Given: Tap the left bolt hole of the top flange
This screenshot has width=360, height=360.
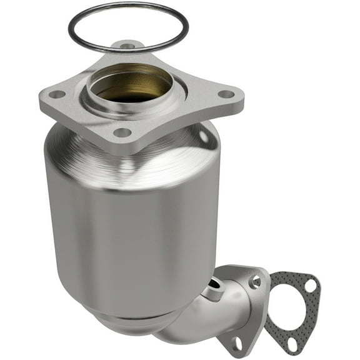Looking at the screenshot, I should coord(57,94).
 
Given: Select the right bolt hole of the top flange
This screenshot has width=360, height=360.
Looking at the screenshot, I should coord(226,94).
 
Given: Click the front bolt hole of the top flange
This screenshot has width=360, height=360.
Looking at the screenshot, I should coord(122,132).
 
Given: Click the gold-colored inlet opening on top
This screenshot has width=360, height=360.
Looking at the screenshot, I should coord(131,91).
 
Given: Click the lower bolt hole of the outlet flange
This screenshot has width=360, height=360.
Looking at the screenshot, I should coord(237,342).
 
